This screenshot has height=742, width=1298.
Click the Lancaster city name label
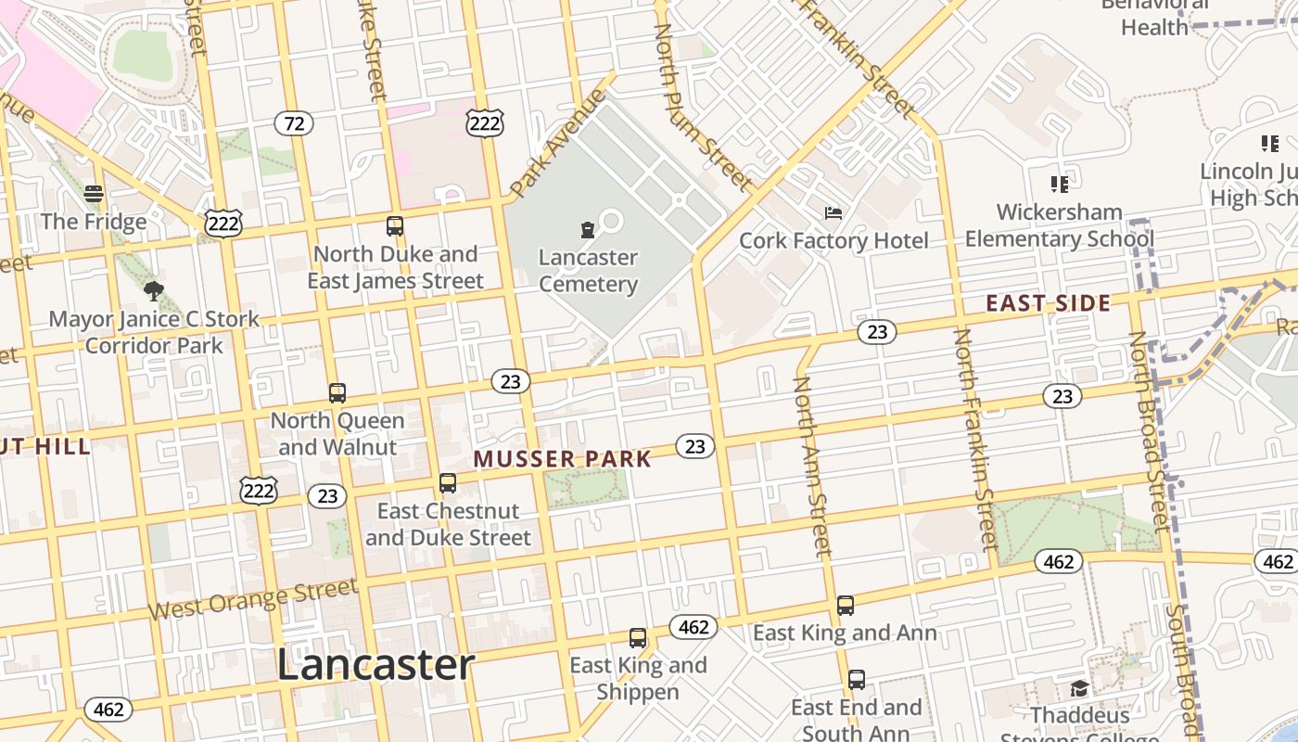tap(375, 665)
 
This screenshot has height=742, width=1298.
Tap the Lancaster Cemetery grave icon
tap(587, 229)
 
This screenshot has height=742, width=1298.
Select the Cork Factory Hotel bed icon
tap(834, 213)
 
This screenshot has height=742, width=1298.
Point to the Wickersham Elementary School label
tap(1060, 225)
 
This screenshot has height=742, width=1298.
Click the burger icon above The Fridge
tap(94, 194)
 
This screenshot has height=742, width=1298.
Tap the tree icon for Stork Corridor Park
tap(154, 291)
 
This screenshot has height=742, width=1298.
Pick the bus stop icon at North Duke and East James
tap(395, 225)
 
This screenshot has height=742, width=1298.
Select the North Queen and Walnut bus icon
tap(337, 392)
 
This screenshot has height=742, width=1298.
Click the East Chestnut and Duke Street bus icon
tap(448, 483)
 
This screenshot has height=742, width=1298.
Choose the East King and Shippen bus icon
tap(638, 637)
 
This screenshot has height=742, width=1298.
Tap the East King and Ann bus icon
tap(846, 606)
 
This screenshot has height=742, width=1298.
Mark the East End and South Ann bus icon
tap(857, 680)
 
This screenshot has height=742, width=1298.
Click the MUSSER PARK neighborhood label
tap(563, 458)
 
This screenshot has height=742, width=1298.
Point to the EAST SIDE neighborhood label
tap(1048, 303)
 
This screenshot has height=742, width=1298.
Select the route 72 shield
tap(294, 123)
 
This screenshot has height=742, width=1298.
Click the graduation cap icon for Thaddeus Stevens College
tap(1079, 688)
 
